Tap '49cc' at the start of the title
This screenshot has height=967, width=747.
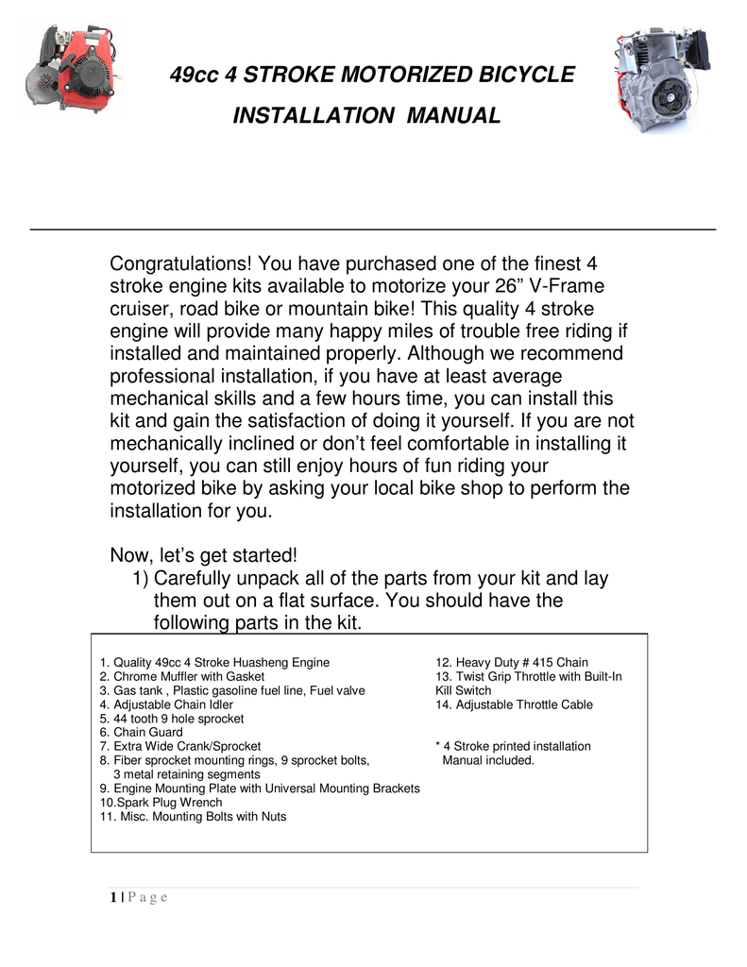(x=194, y=75)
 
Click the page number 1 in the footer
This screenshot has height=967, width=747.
(x=111, y=897)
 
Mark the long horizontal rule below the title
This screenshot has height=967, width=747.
(x=373, y=229)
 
